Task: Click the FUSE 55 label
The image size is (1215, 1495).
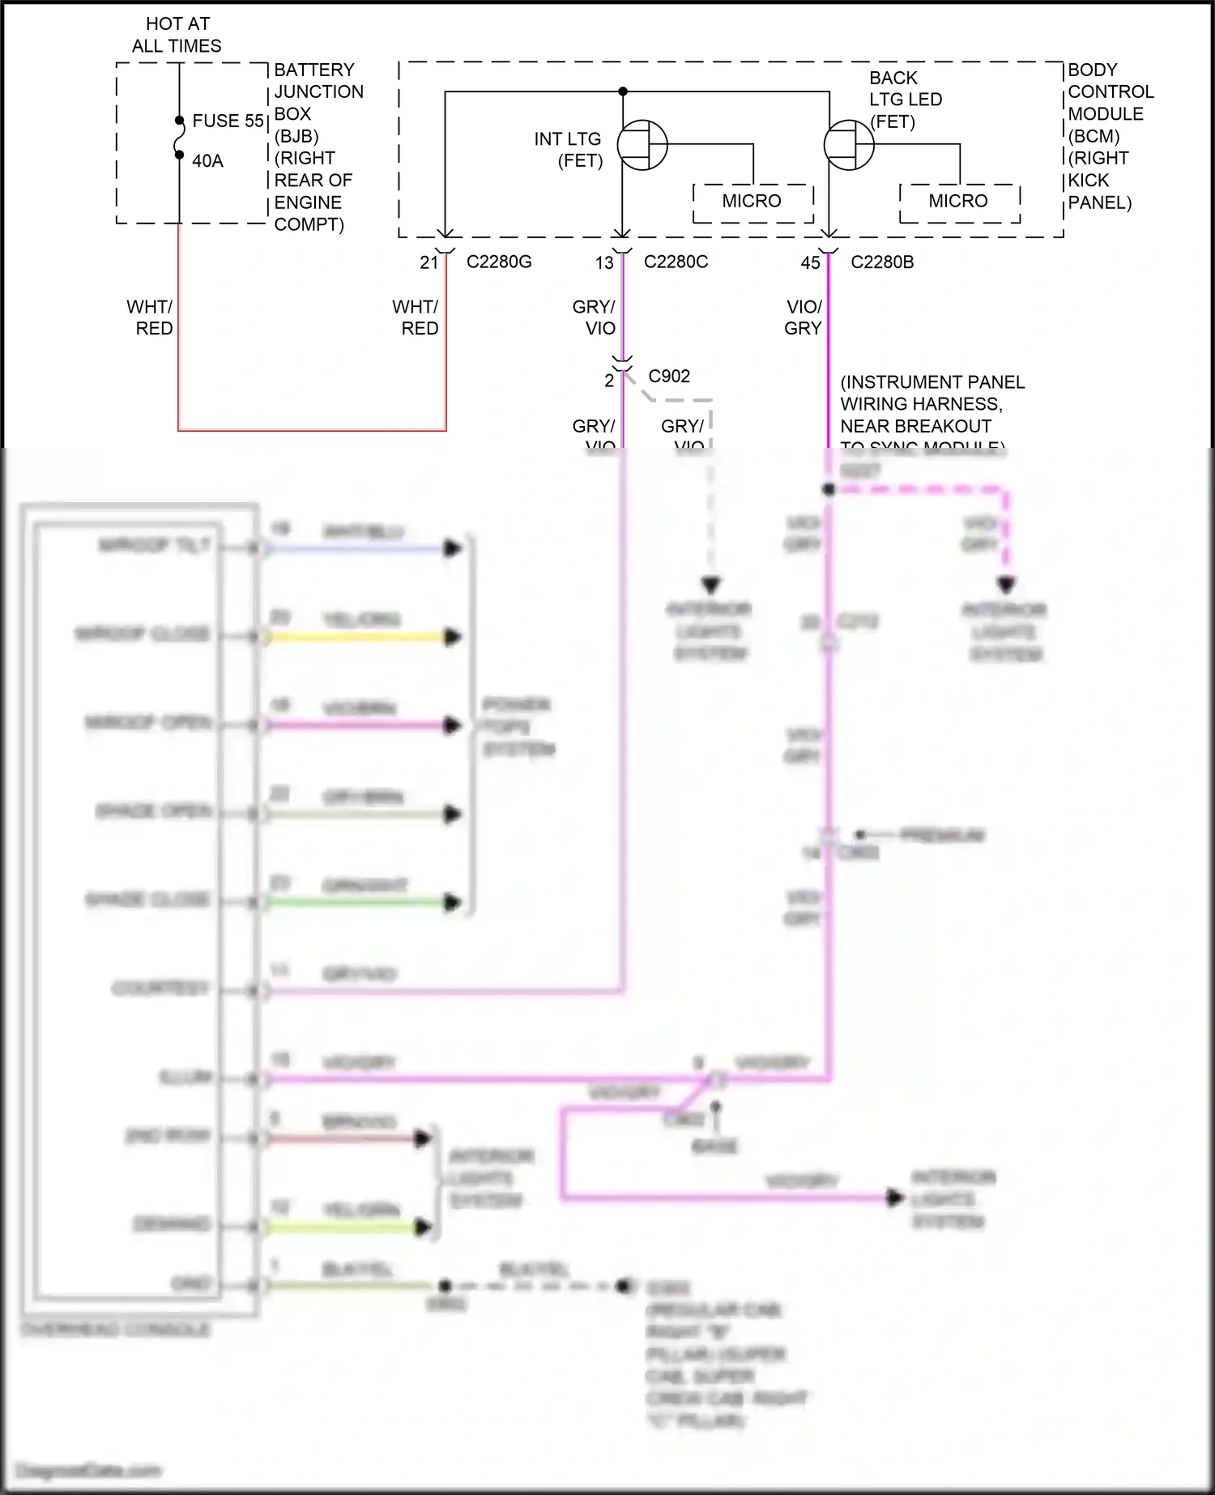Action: tap(228, 121)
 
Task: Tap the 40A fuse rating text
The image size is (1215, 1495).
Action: tap(207, 161)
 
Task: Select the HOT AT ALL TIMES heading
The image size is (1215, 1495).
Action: tap(177, 35)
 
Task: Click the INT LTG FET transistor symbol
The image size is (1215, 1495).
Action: tap(642, 146)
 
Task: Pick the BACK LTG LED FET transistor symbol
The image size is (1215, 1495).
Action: tap(849, 146)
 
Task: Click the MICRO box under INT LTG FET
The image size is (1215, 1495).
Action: tap(752, 202)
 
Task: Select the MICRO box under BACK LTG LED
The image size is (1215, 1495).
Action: tap(959, 202)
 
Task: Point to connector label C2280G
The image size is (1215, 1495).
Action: tap(499, 262)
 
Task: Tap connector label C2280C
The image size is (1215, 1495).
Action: tap(676, 262)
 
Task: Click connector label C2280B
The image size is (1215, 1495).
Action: tap(882, 262)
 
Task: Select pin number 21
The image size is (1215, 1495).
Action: tap(429, 262)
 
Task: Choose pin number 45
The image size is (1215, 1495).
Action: tap(810, 262)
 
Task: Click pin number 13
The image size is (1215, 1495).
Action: tap(604, 262)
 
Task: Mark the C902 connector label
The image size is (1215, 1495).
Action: tap(669, 377)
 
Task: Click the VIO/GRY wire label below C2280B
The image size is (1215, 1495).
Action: tap(804, 317)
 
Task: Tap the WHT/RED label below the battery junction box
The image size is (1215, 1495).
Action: tap(151, 317)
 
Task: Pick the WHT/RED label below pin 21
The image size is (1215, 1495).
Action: tap(416, 317)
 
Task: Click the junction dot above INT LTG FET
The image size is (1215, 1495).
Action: tap(622, 92)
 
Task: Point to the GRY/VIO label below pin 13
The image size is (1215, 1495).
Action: tap(595, 317)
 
